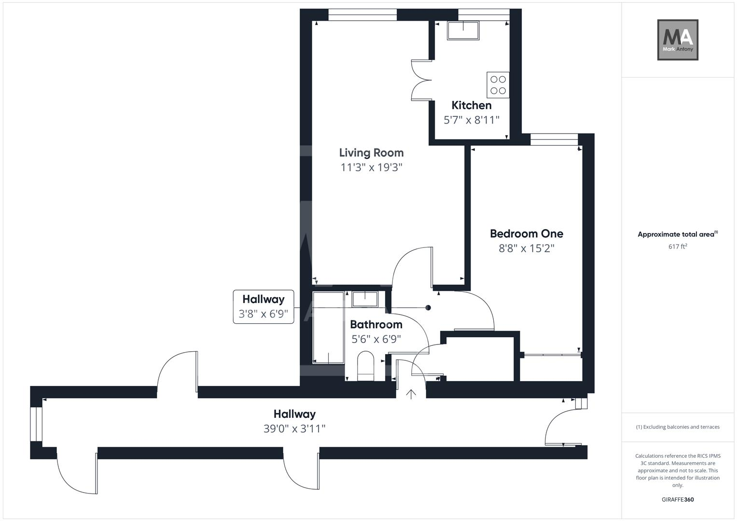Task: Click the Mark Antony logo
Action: coord(678,40)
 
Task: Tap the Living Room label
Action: coord(371,153)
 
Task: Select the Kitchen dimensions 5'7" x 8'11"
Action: coord(471,120)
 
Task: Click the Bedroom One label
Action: coord(526,234)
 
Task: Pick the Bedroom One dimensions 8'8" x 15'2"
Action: coord(526,248)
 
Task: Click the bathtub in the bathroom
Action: coord(329,328)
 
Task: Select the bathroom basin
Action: coord(365,299)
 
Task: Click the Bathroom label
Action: coord(376,325)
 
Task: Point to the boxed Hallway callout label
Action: coord(264,306)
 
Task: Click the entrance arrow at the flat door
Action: coord(411,394)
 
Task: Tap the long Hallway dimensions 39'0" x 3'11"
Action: coord(294,428)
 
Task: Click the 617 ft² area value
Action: coord(678,247)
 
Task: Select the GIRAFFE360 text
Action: coord(678,499)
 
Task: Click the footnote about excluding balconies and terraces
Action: coord(678,427)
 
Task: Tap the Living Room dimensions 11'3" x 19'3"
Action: coord(371,167)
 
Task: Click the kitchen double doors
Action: coord(421,80)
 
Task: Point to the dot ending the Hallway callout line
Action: coord(428,308)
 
